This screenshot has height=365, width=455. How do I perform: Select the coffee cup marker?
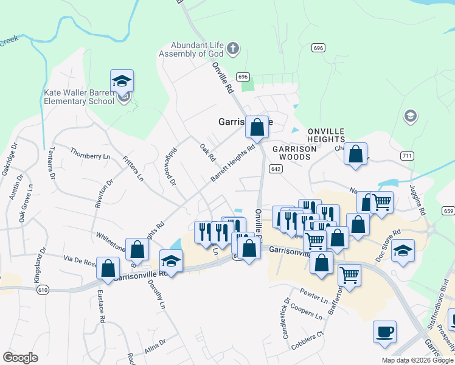384,332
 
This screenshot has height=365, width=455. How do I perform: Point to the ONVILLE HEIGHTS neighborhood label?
326,135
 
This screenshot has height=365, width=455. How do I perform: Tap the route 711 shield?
407,156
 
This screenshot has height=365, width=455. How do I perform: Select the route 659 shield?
448,211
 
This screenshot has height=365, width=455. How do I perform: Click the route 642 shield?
276,169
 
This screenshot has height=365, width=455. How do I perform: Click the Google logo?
21,358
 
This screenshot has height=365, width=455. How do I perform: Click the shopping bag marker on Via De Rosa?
108,268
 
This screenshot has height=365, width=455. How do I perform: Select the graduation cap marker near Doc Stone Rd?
402,250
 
